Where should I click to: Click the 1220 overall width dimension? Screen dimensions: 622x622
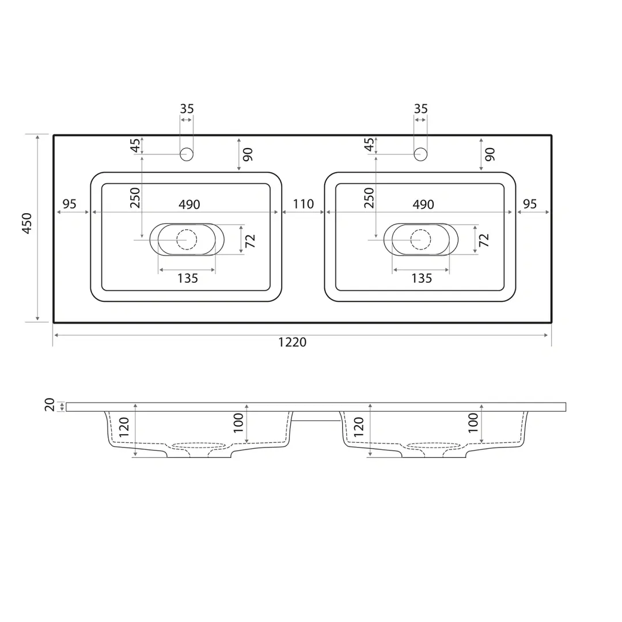click(x=293, y=342)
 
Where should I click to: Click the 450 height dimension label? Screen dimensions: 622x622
click(x=26, y=223)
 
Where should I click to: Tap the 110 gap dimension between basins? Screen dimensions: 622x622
click(x=304, y=204)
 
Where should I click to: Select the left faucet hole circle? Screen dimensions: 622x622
click(x=187, y=154)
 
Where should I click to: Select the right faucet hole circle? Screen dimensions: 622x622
click(x=420, y=154)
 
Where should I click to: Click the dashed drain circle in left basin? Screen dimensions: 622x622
click(x=187, y=240)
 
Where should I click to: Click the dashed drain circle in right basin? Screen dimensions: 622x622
click(x=421, y=240)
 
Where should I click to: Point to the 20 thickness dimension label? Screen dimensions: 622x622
click(x=50, y=405)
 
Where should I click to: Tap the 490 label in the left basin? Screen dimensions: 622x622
click(x=189, y=204)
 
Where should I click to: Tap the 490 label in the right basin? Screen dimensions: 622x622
click(x=423, y=204)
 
